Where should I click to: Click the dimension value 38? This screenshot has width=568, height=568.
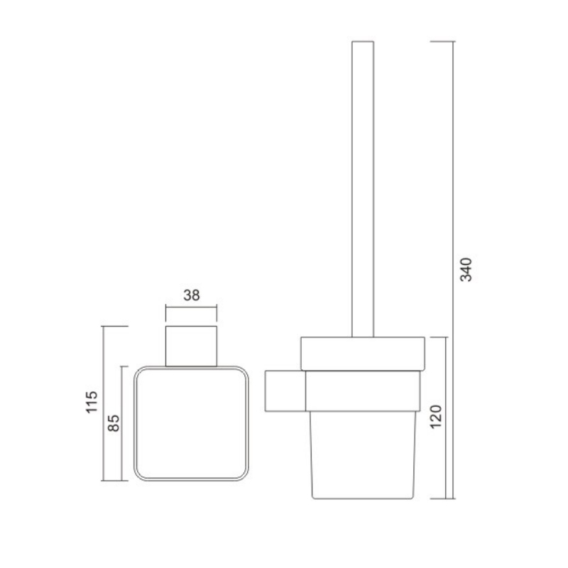191,295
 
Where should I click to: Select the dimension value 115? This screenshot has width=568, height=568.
92,402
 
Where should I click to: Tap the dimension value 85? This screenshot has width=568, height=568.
114,423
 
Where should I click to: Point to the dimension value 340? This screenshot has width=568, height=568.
466,270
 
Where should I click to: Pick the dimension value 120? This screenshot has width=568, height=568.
436,417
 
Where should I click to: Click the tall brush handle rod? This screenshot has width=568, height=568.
363,189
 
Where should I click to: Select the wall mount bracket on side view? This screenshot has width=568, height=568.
285,391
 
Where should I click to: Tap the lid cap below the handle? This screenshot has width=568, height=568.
363,354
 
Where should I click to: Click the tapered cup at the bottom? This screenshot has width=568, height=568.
363,455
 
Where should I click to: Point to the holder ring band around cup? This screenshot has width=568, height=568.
363,391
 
